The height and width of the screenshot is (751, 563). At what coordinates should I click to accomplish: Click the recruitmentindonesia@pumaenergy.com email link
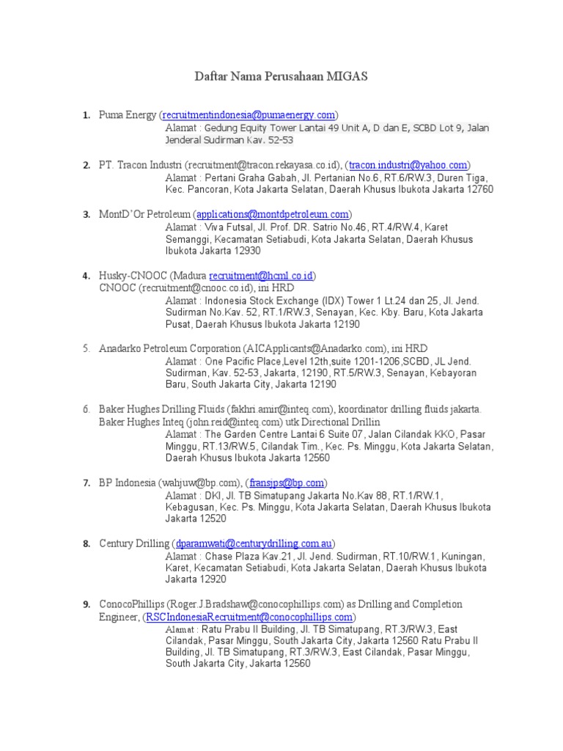pos(249,115)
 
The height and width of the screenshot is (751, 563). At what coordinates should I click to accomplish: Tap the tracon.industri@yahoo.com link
pos(408,165)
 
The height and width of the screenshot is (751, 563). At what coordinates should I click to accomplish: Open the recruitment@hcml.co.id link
pos(262,276)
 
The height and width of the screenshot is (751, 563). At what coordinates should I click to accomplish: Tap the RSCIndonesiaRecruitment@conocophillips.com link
pos(249,617)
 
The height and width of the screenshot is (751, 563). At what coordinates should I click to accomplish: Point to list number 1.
pos(87,115)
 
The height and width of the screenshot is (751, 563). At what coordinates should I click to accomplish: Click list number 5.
pos(87,348)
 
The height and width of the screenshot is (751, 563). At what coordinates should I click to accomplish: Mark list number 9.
pos(87,604)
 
